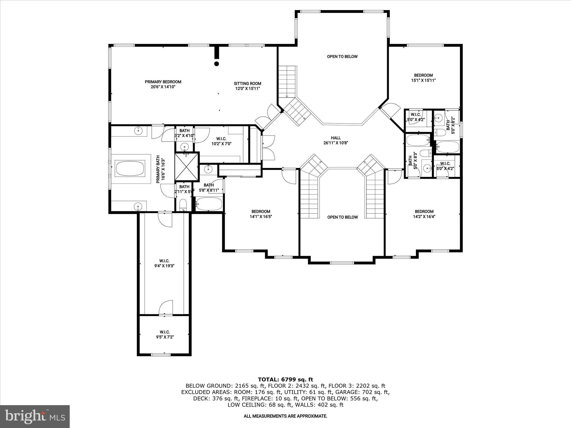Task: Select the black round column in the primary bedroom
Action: pyautogui.click(x=216, y=64)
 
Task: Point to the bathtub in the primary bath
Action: pyautogui.click(x=130, y=168)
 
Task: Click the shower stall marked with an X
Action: pyautogui.click(x=187, y=167)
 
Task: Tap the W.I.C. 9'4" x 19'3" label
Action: pyautogui.click(x=164, y=263)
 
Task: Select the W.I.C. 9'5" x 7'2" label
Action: pyautogui.click(x=164, y=334)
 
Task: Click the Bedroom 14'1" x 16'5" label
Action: pyautogui.click(x=261, y=214)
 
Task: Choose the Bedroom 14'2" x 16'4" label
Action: pyautogui.click(x=424, y=214)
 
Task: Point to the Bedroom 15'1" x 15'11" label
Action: pyautogui.click(x=423, y=78)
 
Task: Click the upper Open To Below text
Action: pyautogui.click(x=342, y=57)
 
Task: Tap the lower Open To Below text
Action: pyautogui.click(x=342, y=217)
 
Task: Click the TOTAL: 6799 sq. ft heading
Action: pyautogui.click(x=285, y=379)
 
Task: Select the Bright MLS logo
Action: pyautogui.click(x=35, y=416)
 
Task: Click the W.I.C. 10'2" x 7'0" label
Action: pyautogui.click(x=221, y=141)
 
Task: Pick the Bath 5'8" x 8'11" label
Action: pyautogui.click(x=209, y=188)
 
